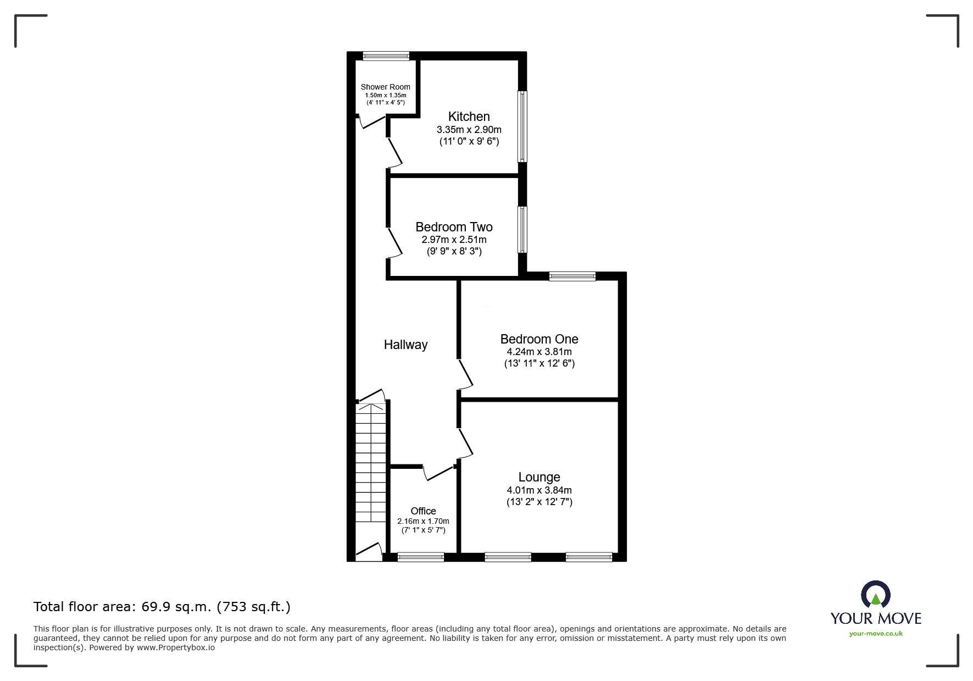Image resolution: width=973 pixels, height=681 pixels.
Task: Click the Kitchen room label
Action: pos(469,117)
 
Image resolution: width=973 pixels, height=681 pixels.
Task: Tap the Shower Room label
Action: pos(385,87)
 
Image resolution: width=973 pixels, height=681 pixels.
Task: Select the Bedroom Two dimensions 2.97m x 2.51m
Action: pos(454,240)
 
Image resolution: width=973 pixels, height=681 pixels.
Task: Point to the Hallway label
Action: pos(405,345)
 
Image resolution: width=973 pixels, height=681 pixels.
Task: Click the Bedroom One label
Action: pos(539,339)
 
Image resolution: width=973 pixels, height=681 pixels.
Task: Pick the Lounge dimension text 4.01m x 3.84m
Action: pos(539,490)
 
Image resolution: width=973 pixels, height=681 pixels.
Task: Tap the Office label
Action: pos(423,511)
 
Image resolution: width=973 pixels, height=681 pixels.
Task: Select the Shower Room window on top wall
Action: pos(386,56)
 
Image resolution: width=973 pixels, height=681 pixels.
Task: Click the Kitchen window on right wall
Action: pos(522,126)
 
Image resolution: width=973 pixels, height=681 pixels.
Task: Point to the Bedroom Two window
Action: pos(522,230)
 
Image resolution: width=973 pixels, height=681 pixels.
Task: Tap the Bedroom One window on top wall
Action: pos(572,276)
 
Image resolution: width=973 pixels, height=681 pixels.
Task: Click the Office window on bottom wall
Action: pos(421,557)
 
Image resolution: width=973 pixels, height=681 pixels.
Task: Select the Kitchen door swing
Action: pos(395,152)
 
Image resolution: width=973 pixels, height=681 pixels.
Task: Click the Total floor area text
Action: pos(162,607)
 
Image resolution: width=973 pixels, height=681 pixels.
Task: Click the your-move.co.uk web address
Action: pos(876,634)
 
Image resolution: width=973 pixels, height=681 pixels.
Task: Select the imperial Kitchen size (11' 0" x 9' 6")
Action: pos(469,141)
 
